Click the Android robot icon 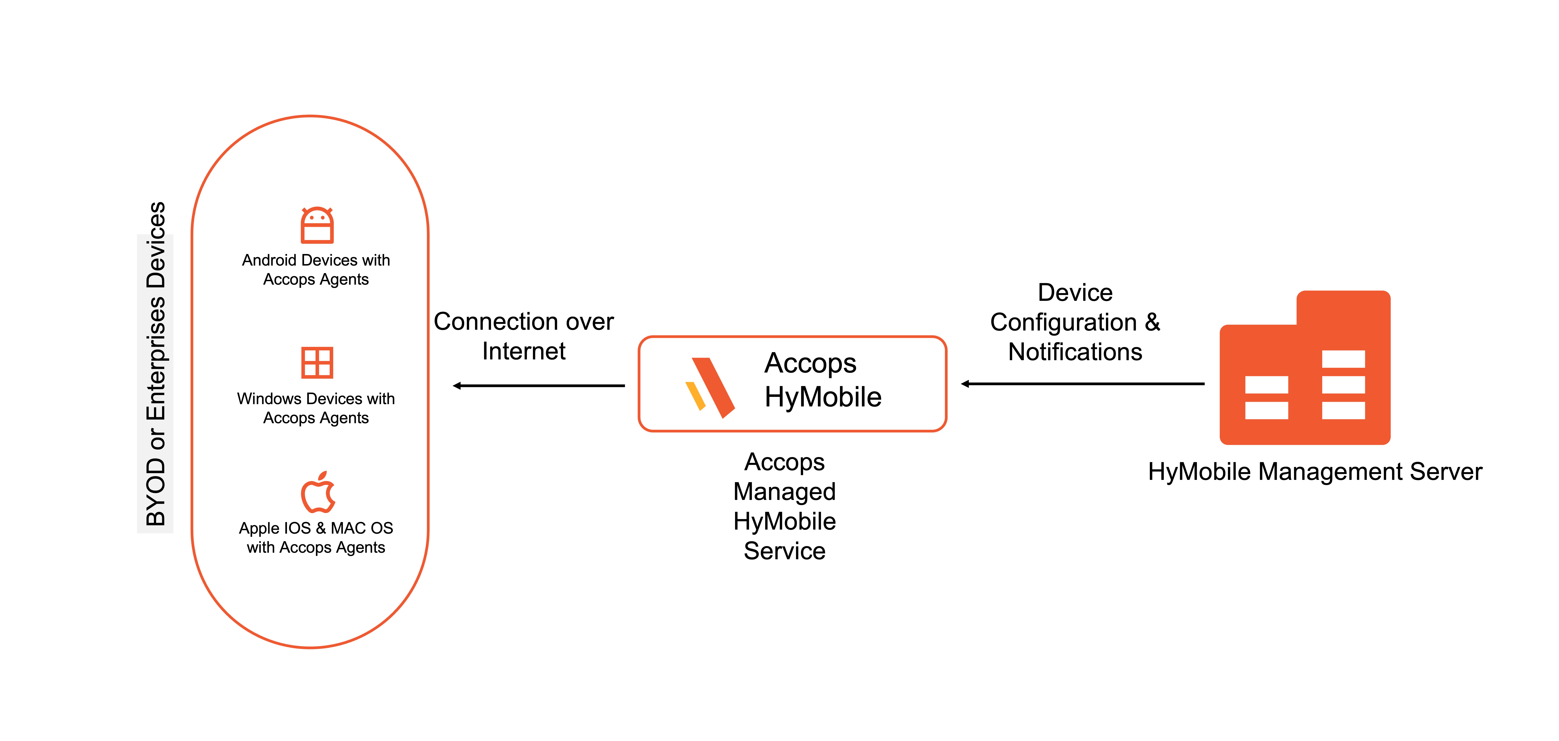click(317, 225)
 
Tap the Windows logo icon click(317, 363)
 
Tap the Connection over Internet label click(523, 336)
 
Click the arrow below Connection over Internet click(539, 386)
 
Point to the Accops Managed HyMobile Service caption click(784, 506)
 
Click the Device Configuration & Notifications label click(1075, 322)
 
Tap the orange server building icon click(1305, 369)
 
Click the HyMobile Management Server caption click(1314, 472)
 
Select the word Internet click(523, 351)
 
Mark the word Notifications click(1075, 352)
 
